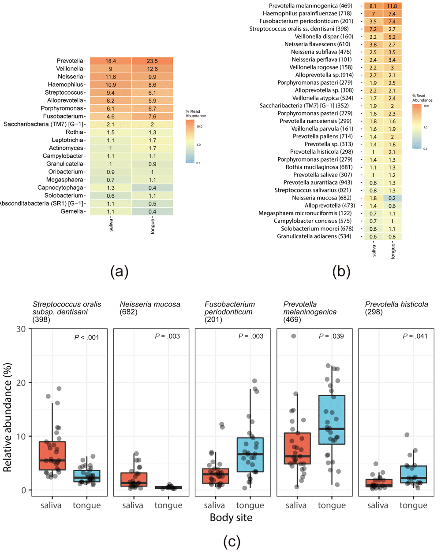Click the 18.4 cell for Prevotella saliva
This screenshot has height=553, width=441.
coord(110,61)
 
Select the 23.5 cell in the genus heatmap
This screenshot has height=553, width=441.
coord(152,61)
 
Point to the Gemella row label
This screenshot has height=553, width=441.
coord(72,211)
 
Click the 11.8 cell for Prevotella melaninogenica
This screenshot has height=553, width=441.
coord(392,6)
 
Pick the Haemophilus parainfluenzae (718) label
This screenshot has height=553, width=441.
coord(307,14)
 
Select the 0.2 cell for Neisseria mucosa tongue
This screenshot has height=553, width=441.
coord(392,198)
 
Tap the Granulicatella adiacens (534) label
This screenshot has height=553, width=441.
coord(314,236)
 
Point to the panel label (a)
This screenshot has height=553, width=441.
coord(119,271)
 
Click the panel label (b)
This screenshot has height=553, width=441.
coord(341,271)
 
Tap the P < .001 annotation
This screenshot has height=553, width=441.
coord(86,337)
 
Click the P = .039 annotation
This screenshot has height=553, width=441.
coord(331,336)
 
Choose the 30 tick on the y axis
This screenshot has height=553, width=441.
coord(21,329)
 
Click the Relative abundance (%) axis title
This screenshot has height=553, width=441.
coord(7,417)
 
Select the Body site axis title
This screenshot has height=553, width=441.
coord(231,517)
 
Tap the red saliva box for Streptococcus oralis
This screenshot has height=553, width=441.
coord(52,456)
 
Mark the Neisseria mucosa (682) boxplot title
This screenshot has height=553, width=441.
coord(150,308)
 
